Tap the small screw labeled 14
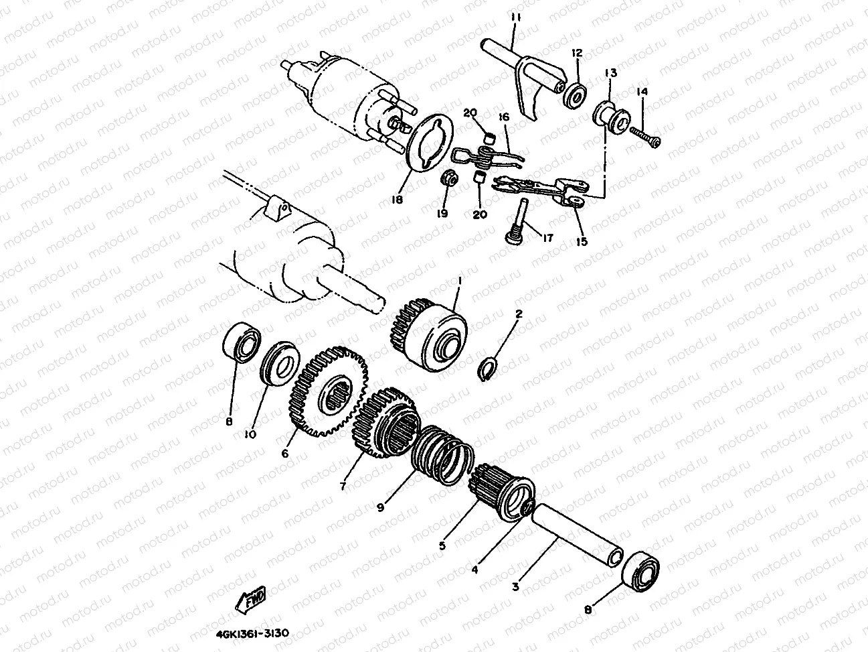(645, 136)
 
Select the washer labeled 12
(575, 95)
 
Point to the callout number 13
(610, 73)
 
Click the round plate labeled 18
(430, 143)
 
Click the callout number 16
(504, 117)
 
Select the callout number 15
(582, 242)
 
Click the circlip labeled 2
(488, 369)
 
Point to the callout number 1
(460, 281)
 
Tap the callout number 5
(442, 546)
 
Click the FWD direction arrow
(251, 600)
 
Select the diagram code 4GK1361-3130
(252, 633)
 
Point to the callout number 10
(250, 434)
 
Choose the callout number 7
(343, 486)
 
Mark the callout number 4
(474, 570)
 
